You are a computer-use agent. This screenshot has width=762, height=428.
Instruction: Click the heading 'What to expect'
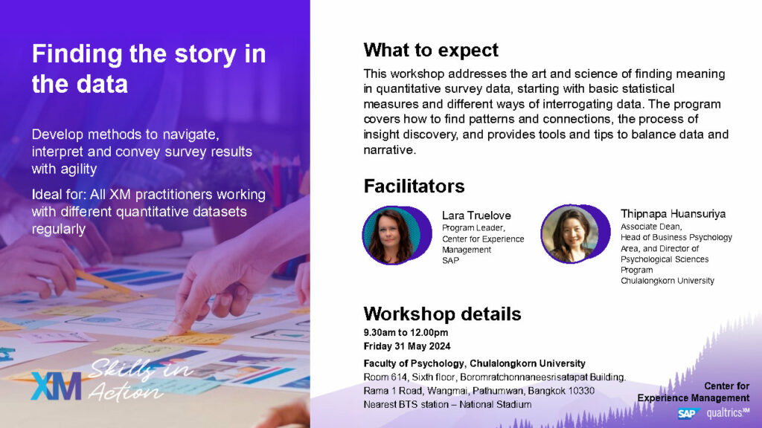point(431,50)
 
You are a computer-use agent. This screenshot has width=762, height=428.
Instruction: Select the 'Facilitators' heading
point(414,186)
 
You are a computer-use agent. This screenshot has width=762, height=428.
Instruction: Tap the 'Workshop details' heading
point(442,314)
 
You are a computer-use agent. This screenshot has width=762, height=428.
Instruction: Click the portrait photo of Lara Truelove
point(391,236)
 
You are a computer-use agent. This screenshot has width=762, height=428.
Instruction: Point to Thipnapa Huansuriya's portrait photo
point(571,234)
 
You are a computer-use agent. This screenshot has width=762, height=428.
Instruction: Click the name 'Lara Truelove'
point(476,215)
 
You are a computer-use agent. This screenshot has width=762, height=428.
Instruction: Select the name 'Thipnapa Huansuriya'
point(673,214)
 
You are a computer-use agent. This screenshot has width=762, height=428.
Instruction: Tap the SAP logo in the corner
point(688,413)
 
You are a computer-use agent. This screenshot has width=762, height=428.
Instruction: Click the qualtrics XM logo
point(728,413)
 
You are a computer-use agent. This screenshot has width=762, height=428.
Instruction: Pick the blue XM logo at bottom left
point(56,386)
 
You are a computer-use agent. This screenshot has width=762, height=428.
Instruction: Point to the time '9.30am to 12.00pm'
point(406,333)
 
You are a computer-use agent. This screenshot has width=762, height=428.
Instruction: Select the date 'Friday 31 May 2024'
point(407,346)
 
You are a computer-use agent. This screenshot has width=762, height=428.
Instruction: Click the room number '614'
point(399,377)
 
